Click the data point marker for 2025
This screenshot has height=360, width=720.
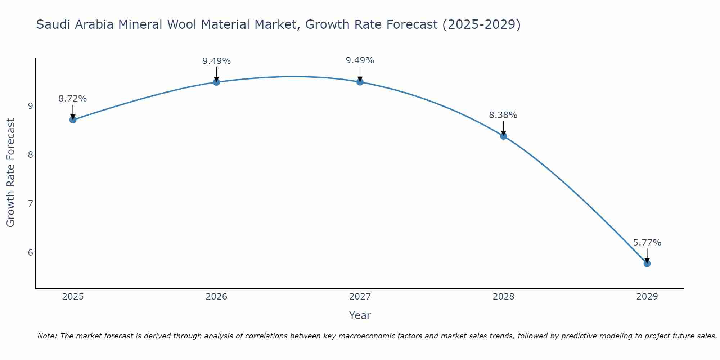pyautogui.click(x=73, y=120)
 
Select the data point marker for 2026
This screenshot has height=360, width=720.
pyautogui.click(x=216, y=82)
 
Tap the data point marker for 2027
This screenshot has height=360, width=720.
pyautogui.click(x=360, y=82)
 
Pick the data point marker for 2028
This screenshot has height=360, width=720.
pyautogui.click(x=503, y=136)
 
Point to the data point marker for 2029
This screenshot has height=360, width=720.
pyautogui.click(x=647, y=264)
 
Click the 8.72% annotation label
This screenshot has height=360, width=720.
pyautogui.click(x=73, y=99)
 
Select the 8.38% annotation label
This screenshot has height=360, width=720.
pyautogui.click(x=503, y=115)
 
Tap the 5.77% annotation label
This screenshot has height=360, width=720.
pyautogui.click(x=647, y=243)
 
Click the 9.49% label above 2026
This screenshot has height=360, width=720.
pyautogui.click(x=216, y=61)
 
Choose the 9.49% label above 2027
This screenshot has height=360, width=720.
pyautogui.click(x=360, y=60)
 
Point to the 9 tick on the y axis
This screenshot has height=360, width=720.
pyautogui.click(x=30, y=106)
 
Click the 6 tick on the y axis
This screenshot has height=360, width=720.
pyautogui.click(x=30, y=252)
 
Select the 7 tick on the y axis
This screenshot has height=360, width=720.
pyautogui.click(x=30, y=204)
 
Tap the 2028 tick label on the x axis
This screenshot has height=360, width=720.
pyautogui.click(x=503, y=297)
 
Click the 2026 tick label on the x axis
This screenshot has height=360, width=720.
pyautogui.click(x=216, y=297)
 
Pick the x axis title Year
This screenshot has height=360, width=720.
pyautogui.click(x=360, y=315)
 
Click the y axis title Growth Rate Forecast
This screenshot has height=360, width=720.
pyautogui.click(x=11, y=173)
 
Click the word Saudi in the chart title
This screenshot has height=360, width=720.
pyautogui.click(x=51, y=25)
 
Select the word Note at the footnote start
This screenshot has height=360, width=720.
pyautogui.click(x=47, y=336)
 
